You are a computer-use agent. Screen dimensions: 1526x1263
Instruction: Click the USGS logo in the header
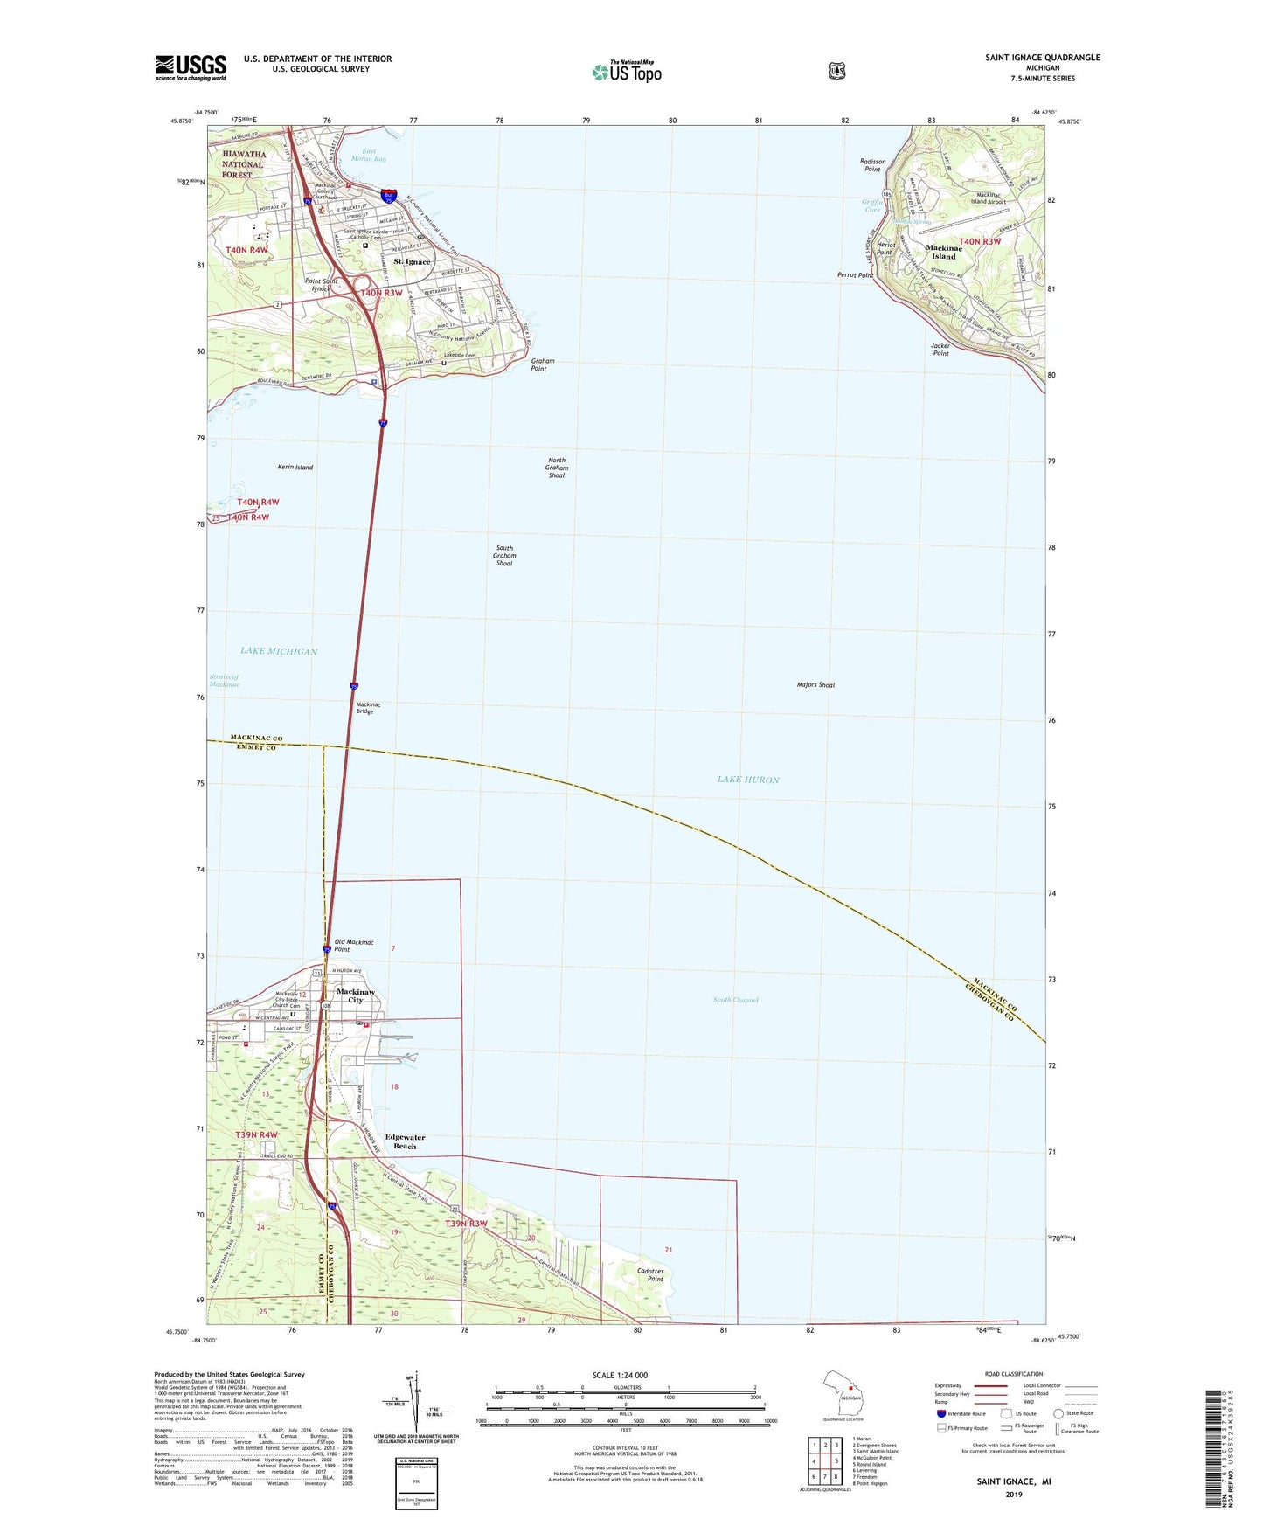coord(191,67)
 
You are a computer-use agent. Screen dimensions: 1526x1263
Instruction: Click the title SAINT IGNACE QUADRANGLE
coord(1042,58)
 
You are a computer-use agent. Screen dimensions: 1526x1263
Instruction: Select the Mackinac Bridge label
coord(364,708)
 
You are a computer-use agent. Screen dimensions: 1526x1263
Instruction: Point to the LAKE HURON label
coord(747,780)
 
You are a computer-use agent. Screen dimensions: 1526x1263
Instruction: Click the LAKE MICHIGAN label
coord(279,651)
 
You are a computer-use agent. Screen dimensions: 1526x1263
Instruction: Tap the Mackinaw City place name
coord(356,995)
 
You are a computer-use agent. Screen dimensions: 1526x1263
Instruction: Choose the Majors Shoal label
coord(815,685)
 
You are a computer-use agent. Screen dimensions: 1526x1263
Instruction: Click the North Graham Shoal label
coord(556,468)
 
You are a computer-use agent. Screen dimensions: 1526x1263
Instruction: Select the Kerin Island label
coord(295,468)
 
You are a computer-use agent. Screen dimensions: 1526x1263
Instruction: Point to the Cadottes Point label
coord(650,1274)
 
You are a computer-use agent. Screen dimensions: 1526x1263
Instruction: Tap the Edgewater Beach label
coord(405,1141)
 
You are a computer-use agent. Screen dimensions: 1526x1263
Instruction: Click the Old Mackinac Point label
coord(354,946)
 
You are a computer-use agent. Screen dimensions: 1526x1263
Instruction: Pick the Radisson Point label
coord(872,165)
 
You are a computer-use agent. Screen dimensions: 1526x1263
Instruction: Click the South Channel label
coord(735,1000)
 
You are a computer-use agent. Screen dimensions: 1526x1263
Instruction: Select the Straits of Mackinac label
coord(225,681)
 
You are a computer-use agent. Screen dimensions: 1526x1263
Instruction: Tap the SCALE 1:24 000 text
coord(620,1375)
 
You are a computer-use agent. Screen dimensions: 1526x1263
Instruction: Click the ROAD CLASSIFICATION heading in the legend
coord(1013,1374)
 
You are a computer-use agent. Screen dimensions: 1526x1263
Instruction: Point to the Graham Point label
coord(542,364)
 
